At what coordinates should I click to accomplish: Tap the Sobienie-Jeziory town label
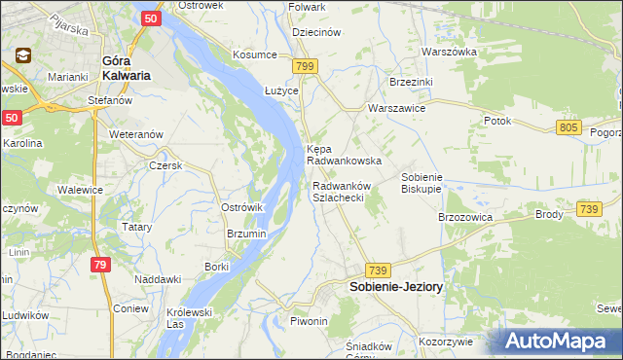click(x=396, y=288)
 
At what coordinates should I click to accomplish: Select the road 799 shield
click(x=305, y=65)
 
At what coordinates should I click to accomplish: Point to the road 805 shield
click(x=570, y=127)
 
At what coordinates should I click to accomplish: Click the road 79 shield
click(x=101, y=265)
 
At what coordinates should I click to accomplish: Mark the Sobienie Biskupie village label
click(x=422, y=182)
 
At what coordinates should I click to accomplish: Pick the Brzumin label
click(x=246, y=234)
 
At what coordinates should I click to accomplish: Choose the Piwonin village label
click(x=310, y=321)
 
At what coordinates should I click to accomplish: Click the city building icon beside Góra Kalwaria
click(x=22, y=56)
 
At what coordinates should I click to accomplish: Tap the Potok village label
click(x=497, y=121)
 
